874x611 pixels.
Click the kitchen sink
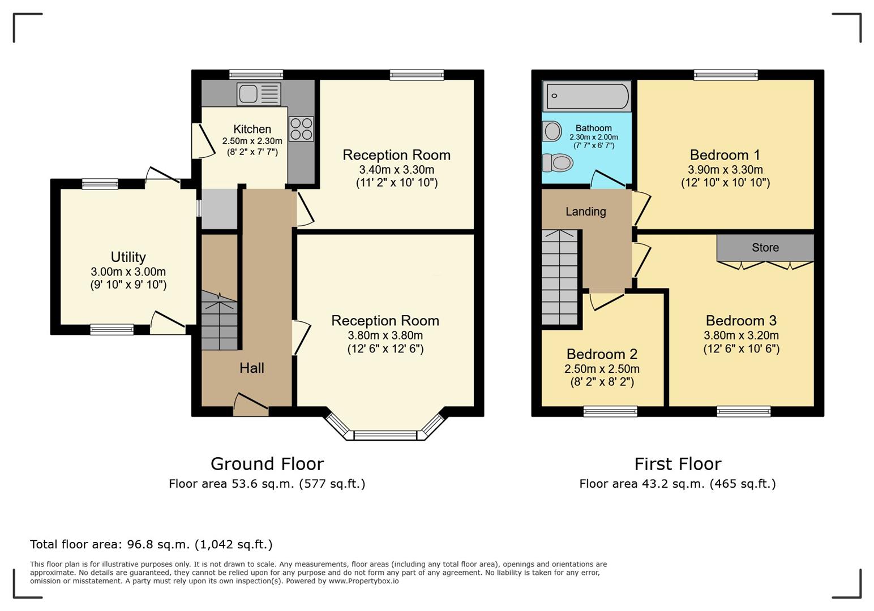[x=259, y=94]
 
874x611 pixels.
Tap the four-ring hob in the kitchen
[x=301, y=129]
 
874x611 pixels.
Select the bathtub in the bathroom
[x=587, y=96]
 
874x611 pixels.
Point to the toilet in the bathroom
[x=558, y=162]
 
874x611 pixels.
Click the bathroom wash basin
[x=552, y=131]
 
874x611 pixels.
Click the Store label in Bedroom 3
[x=765, y=248]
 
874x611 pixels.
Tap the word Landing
[x=586, y=212]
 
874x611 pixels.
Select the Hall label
[x=252, y=368]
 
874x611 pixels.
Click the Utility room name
[x=128, y=257]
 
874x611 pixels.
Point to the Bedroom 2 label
[x=602, y=354]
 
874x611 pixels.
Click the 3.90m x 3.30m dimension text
[x=725, y=170]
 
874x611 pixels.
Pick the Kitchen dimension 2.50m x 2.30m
[x=252, y=141]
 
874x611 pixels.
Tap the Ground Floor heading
[x=267, y=464]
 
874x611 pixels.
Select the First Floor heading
[x=678, y=464]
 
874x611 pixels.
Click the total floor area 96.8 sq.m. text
[x=151, y=544]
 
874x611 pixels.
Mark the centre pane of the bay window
[x=385, y=435]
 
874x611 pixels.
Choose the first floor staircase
[x=559, y=277]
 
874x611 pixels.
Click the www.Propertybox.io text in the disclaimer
[x=363, y=581]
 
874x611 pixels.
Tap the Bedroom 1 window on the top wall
[x=726, y=75]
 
